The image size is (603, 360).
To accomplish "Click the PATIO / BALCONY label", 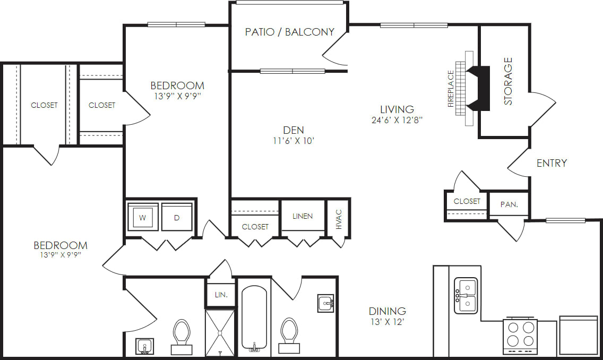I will pos(289,32).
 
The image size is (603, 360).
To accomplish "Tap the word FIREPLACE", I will pos(451,89).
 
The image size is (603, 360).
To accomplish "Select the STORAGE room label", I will pos(508,81).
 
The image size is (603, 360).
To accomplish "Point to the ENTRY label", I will pos(552,163).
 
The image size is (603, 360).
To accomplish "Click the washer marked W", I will pos(142,217).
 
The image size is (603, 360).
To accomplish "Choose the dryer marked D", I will pos(177,217).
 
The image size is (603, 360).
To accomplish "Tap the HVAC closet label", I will pos(339,219).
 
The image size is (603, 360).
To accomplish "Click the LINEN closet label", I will pos(303,216).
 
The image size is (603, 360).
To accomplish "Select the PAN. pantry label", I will pos(509,204).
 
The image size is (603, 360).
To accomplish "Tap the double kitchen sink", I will pos(466,296).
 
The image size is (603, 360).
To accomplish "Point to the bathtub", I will pos(255,319).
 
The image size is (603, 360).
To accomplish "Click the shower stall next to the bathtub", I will pos(220,332).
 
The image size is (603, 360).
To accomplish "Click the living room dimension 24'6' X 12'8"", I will pos(397,120).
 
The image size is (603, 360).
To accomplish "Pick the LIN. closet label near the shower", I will pos(221,295).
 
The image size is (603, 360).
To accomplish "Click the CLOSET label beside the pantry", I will pos(467,201).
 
